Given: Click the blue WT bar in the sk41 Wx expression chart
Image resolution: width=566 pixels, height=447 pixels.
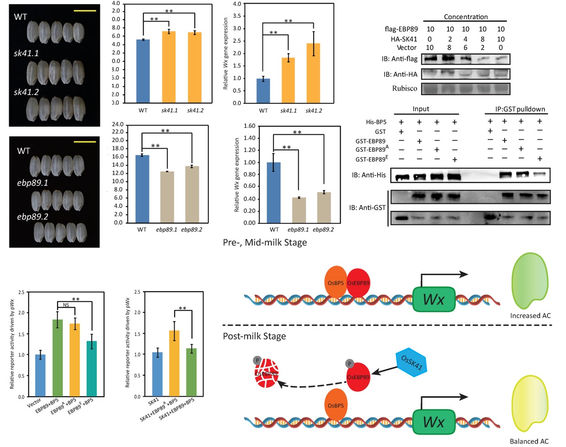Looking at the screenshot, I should tap(263, 90).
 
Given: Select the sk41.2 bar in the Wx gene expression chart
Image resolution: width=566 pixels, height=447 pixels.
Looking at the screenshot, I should tap(313, 73).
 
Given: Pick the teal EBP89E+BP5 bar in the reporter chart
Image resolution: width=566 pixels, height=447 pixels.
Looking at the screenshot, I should tap(91, 369).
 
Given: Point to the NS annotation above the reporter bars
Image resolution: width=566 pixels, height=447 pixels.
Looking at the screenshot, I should tap(66, 305).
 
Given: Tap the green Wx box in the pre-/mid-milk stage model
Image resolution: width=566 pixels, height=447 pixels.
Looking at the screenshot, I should tap(434, 299).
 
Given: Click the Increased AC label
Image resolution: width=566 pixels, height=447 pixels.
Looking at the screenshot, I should tap(530, 316).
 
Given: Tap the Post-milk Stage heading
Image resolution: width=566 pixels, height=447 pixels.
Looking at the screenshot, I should tap(254, 336).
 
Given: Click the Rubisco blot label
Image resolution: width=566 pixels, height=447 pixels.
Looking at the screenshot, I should tap(404, 88).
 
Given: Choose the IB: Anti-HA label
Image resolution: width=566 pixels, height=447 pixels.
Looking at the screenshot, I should tap(400, 74).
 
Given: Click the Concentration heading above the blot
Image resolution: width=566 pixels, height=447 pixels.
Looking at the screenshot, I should tap(465, 17).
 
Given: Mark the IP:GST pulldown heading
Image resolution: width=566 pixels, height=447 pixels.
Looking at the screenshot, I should tap(516, 110).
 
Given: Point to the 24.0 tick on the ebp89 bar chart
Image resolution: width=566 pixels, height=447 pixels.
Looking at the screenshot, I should tap(117, 124).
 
